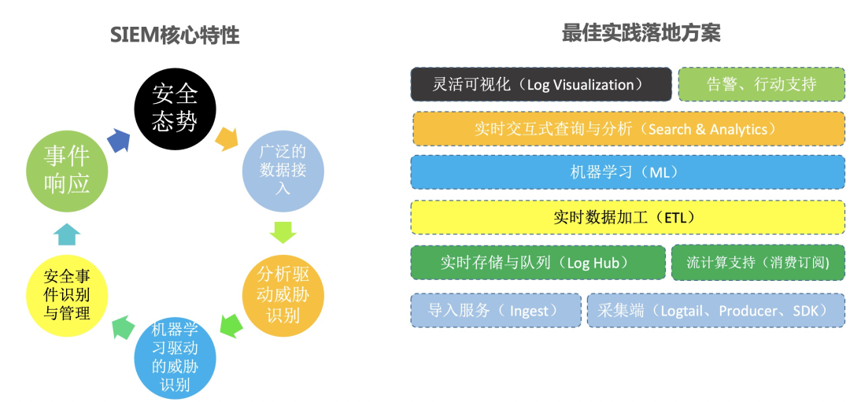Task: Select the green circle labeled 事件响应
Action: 66,168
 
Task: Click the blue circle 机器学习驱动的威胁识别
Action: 175,358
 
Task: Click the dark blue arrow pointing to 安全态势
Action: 118,139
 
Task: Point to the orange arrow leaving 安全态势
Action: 227,138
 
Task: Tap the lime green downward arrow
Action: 283,232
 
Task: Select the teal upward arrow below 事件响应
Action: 66,234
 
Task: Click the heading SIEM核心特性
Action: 174,35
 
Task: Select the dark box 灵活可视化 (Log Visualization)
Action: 541,84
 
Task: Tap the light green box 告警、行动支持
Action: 761,84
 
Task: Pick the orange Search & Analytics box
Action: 628,129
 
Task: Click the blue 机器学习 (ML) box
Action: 628,172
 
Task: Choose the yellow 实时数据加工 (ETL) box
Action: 628,217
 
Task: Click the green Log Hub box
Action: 538,263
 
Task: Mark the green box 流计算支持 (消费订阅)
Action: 758,263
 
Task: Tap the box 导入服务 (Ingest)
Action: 496,311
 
